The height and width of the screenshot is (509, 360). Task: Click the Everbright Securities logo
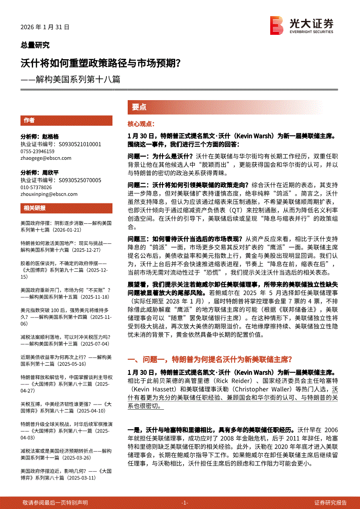302,25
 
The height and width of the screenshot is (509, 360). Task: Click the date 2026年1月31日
45,27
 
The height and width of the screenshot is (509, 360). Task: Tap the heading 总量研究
35,45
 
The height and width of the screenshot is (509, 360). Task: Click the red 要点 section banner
139,107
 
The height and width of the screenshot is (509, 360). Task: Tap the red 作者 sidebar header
29,121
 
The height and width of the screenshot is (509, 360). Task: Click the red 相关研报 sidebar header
34,208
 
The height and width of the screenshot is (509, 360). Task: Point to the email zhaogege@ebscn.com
43,158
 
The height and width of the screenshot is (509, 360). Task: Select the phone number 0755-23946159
37,151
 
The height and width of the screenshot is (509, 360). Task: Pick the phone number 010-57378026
36,187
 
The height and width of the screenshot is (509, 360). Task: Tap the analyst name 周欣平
50,172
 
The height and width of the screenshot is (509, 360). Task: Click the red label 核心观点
140,124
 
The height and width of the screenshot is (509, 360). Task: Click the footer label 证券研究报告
330,502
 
